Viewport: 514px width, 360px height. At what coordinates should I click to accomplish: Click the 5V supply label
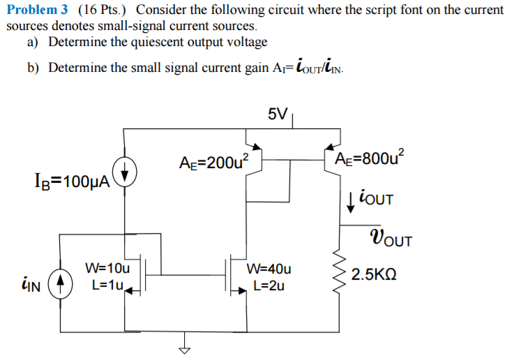pos(276,114)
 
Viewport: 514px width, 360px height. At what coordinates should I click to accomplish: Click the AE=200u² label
pos(209,162)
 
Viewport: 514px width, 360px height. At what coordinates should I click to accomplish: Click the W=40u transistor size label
pos(269,269)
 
